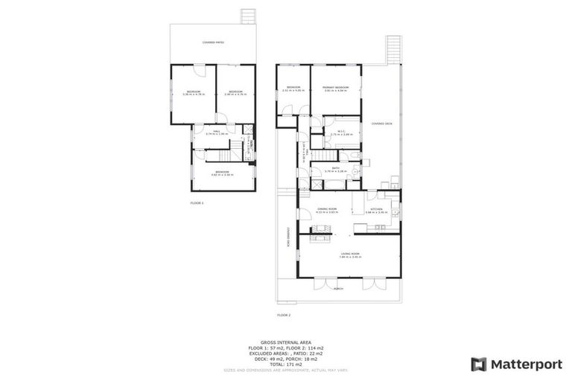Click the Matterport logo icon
479,364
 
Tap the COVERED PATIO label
213,42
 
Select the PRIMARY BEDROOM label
336,89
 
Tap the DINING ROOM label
328,211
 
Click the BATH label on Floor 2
330,170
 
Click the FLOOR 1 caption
197,202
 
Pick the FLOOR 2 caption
283,315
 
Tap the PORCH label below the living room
338,289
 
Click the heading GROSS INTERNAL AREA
286,342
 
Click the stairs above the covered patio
247,16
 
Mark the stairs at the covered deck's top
393,50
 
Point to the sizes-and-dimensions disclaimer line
286,369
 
